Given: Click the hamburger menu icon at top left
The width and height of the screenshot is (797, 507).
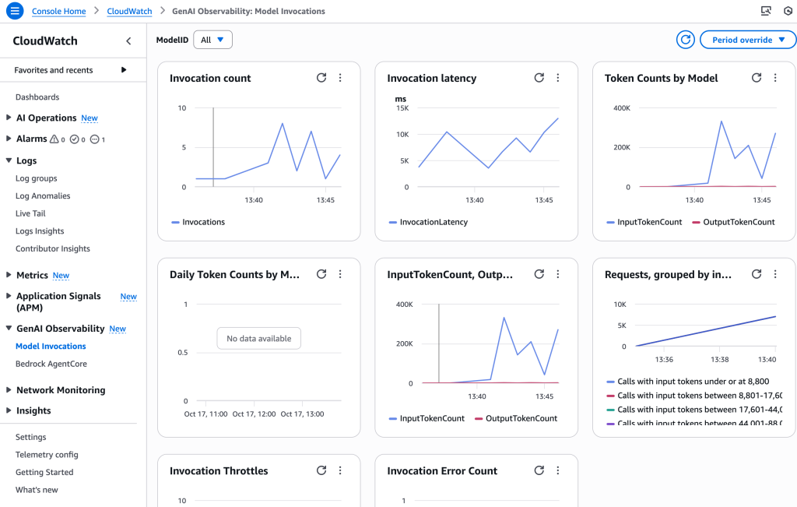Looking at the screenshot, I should pos(14,11).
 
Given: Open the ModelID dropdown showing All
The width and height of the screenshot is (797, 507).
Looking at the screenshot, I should pos(212,40).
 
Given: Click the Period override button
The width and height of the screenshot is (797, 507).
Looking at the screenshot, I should pos(748,40).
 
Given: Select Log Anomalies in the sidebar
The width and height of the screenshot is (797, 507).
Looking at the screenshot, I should pos(43,196).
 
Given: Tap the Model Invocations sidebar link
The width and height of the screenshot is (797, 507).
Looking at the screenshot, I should pos(51,347).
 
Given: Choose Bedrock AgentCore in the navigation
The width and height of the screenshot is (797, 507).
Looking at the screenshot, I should pos(51,364).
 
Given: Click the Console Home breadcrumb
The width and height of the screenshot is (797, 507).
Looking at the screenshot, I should pos(59,12).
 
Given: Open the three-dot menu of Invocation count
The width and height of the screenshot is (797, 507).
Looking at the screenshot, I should pos(340,78).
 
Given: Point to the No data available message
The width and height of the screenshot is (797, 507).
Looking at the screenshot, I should pos(258,339).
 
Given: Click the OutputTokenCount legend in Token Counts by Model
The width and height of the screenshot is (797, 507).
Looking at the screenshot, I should pos(738,222).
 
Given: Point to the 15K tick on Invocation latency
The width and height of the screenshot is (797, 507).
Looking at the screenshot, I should pos(402,108).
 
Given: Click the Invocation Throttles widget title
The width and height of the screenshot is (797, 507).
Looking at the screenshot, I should pos(219,471).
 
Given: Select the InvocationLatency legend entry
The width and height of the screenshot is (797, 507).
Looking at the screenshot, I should pos(433,222).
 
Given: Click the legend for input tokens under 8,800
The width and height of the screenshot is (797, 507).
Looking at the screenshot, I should pos(692,382).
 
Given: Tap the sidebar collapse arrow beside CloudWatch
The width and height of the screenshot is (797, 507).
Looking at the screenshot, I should pos(128,41).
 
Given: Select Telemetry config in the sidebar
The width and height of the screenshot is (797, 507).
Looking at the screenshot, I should pos(47,455).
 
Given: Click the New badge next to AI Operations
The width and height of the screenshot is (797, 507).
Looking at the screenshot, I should pos(90,118).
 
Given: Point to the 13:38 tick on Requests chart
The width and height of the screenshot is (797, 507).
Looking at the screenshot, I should pos(720,360).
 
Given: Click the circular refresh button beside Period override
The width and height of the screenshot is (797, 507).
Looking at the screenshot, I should pos(685,40).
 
